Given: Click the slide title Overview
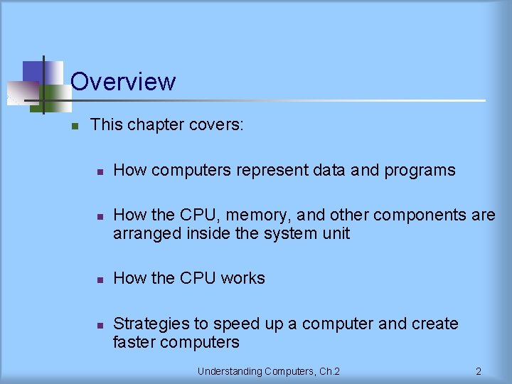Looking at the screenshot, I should tap(123, 81).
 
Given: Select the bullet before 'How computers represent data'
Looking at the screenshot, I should tap(101, 172).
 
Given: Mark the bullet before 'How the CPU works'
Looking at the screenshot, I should tap(101, 279).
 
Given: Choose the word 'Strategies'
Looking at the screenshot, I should tap(151, 324).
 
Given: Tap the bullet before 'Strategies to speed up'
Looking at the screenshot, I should tap(101, 325).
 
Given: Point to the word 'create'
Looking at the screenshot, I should tap(434, 324).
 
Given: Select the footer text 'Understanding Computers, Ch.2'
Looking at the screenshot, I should tap(268, 371).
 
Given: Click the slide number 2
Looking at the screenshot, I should tap(479, 371).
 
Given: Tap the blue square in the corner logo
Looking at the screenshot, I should tap(33, 72).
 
